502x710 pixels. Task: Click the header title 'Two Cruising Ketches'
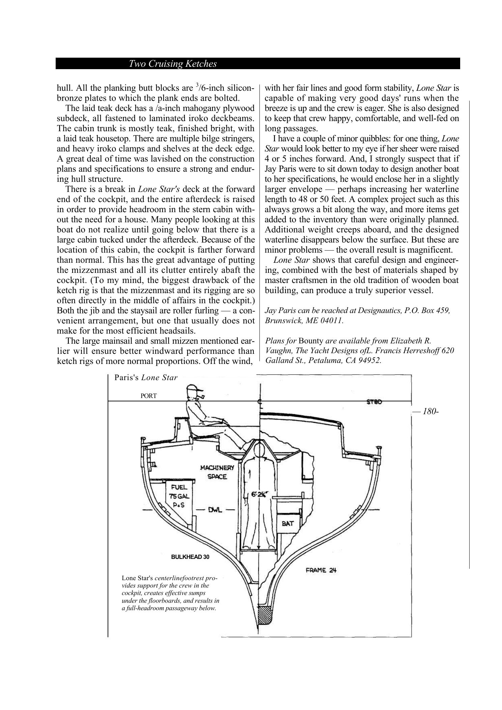173,64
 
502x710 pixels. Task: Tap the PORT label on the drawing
148,396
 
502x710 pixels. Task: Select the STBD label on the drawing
374,402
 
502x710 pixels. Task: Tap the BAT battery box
287,523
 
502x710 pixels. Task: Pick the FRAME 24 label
321,571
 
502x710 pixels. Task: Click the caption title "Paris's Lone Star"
146,377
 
